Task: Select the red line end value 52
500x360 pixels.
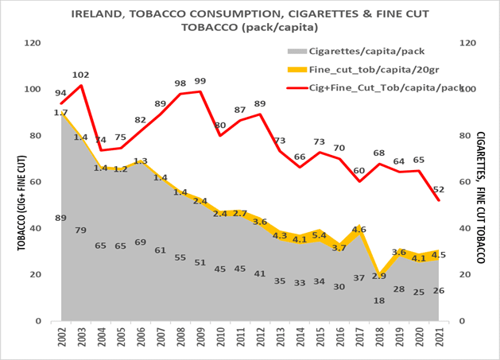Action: coord(438,189)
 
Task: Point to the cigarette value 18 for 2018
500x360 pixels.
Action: coord(378,301)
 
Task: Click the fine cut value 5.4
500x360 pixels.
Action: coord(320,236)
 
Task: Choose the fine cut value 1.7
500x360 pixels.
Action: coord(61,113)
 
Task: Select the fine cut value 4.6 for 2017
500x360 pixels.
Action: coord(359,230)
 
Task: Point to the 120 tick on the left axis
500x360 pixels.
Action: coord(36,43)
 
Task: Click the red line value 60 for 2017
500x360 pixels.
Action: coord(359,171)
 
